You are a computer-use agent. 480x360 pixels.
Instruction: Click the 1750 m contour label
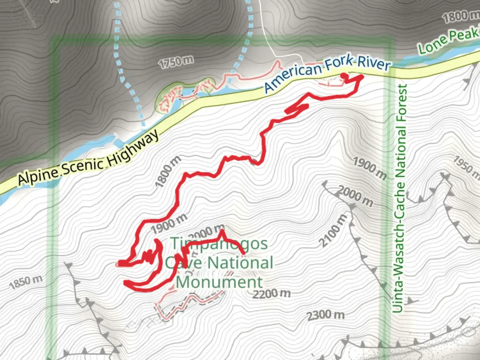(176, 62)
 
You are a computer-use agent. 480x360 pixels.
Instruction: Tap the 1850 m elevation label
(26, 282)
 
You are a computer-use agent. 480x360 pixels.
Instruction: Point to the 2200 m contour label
(271, 294)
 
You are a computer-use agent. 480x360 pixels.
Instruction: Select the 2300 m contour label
(326, 315)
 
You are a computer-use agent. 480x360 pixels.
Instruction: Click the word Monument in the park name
(219, 282)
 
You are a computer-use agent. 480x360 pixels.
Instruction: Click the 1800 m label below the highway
(168, 171)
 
